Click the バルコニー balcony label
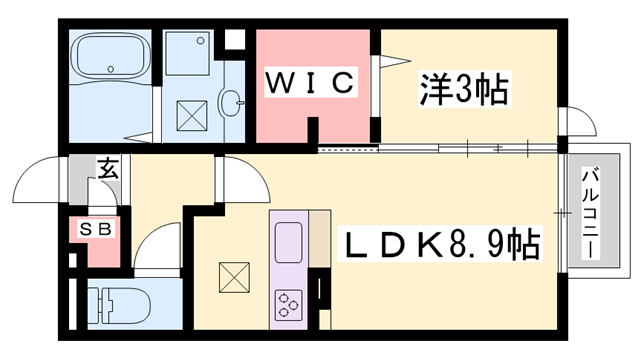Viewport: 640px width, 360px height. pyautogui.click(x=590, y=212)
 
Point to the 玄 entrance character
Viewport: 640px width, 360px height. pyautogui.click(x=107, y=169)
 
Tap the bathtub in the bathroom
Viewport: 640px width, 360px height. pyautogui.click(x=110, y=60)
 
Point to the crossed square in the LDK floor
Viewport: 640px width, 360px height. pyautogui.click(x=232, y=274)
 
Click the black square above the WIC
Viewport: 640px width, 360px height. pyautogui.click(x=236, y=42)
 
